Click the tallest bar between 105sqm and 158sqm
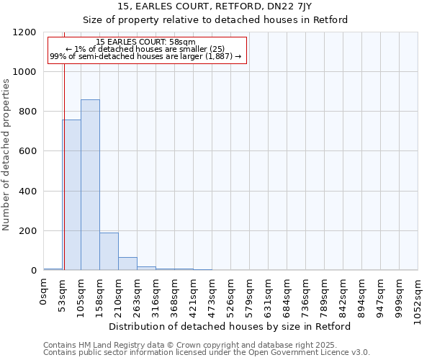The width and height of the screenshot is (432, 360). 90,185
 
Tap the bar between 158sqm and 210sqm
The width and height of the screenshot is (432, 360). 109,251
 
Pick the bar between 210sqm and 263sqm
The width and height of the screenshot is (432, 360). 127,264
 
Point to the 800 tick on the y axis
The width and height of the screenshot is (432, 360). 30,112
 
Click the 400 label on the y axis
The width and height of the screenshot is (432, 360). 30,192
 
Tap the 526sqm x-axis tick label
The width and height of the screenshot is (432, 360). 231,296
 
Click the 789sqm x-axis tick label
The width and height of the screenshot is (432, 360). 325,296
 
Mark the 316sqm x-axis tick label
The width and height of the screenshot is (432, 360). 156,296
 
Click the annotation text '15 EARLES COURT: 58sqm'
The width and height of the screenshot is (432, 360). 145,42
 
